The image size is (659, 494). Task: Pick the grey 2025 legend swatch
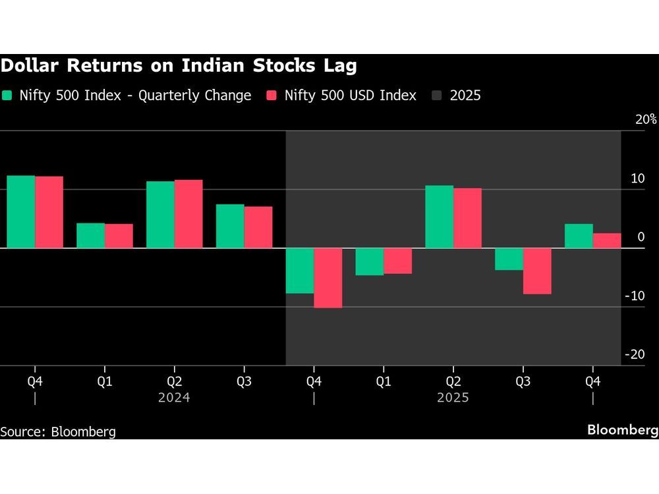[436, 96]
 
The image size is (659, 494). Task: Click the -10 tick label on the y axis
[635, 296]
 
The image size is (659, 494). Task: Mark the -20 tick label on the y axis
[635, 354]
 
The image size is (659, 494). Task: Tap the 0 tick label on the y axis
[641, 237]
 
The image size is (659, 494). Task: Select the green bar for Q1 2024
[90, 236]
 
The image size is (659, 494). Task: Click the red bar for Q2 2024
[188, 214]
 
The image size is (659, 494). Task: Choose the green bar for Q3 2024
[230, 226]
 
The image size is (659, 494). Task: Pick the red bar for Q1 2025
[397, 261]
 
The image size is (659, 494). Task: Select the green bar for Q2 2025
[439, 217]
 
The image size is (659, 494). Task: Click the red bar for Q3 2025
[537, 271]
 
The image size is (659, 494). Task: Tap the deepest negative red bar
[328, 278]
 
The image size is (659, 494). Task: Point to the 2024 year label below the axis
[174, 398]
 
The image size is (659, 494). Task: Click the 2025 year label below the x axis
[453, 398]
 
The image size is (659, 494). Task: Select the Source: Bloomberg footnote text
[58, 432]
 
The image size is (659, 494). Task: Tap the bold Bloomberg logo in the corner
[623, 429]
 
